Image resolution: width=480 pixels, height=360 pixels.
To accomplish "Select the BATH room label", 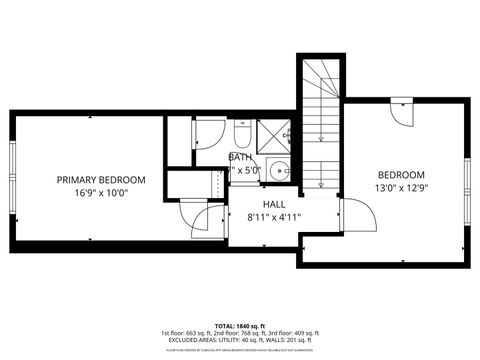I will [240, 157].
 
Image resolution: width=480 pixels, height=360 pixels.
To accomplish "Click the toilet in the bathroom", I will [242, 132].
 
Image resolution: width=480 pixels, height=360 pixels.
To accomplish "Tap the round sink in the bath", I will [278, 168].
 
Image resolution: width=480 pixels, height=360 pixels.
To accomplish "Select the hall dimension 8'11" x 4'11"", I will [273, 216].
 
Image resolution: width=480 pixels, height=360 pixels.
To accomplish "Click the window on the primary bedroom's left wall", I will [12, 169].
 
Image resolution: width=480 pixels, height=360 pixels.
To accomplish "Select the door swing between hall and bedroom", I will [352, 211].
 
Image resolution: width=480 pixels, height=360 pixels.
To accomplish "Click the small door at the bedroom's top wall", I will [402, 109].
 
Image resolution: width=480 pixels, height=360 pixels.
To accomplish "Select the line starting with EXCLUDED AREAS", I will [240, 340].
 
